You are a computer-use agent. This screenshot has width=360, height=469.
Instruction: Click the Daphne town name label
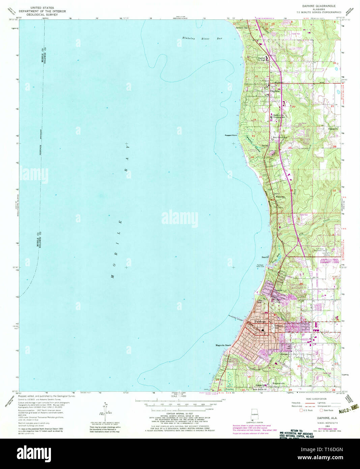[275, 91]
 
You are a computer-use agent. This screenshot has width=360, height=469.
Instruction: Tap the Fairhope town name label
[260, 322]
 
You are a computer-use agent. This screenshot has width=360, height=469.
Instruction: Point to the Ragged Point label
[231, 135]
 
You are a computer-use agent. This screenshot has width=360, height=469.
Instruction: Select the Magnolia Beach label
[223, 346]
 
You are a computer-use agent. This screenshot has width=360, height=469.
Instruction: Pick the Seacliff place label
[265, 257]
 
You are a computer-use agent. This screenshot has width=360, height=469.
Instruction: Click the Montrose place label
[280, 197]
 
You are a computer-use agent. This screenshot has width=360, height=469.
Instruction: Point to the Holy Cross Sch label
[280, 138]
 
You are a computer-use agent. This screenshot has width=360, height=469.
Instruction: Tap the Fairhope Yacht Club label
[265, 266]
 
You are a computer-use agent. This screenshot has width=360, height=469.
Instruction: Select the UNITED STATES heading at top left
[42, 7]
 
